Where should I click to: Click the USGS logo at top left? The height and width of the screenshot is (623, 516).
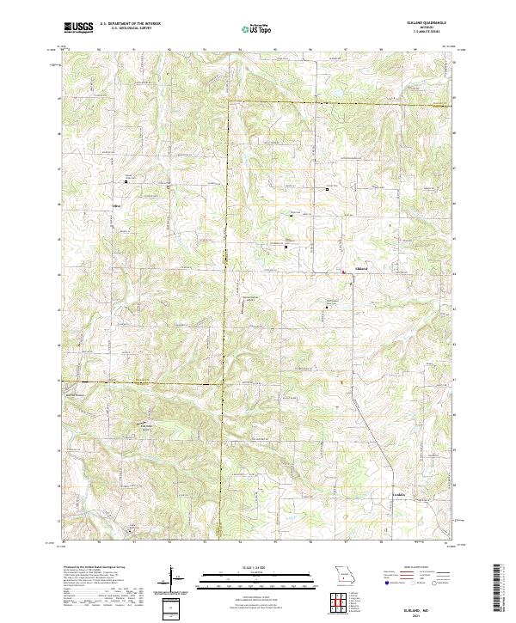(x=79, y=27)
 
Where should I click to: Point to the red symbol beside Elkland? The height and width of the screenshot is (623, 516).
(x=345, y=272)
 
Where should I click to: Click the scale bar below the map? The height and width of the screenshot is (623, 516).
(x=257, y=575)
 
